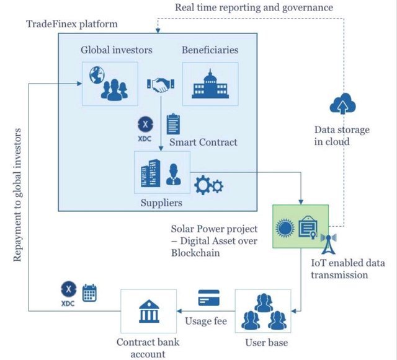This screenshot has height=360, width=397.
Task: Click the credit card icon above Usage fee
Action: pyautogui.click(x=209, y=298)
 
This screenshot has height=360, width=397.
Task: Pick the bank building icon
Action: pyautogui.click(x=147, y=310)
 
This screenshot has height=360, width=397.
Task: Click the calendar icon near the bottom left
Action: pyautogui.click(x=90, y=292)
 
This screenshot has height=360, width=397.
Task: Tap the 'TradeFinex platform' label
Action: pyautogui.click(x=72, y=24)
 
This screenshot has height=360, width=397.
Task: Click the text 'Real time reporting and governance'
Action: pyautogui.click(x=254, y=7)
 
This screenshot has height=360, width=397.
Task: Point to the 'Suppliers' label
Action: pyautogui.click(x=162, y=202)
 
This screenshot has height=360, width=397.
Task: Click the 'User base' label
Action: pyautogui.click(x=266, y=342)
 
